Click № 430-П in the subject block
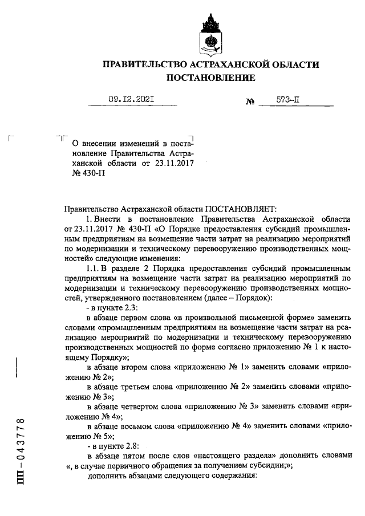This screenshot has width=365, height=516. (x=80, y=174)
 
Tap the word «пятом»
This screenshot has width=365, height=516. (x=133, y=456)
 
